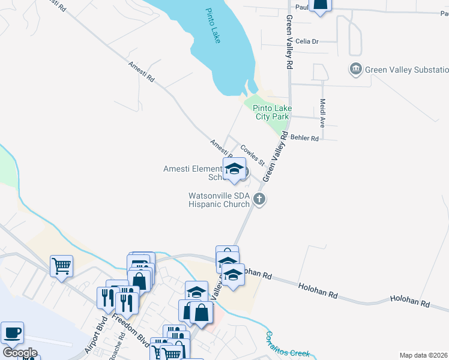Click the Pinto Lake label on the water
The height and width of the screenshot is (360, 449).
click(213, 25)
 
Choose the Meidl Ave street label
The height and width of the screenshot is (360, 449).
click(322, 113)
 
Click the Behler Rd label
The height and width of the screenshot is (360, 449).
click(304, 138)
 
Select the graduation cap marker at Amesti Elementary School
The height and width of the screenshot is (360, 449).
click(234, 169)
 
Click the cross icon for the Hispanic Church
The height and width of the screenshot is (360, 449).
click(259, 199)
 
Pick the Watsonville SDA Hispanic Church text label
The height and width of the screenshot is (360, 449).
click(218, 200)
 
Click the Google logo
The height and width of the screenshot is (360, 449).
click(20, 352)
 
